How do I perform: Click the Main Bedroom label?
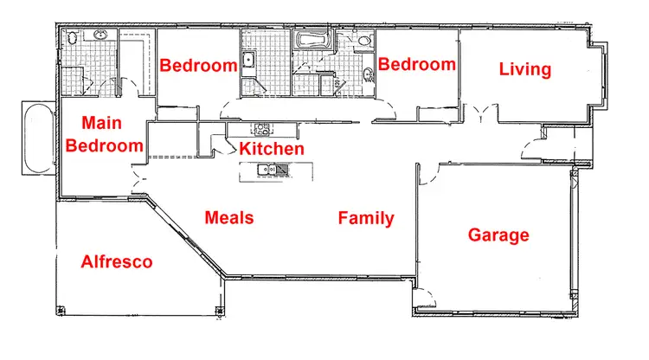click(104, 134)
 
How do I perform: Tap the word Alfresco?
click(117, 261)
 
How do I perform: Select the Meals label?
click(229, 217)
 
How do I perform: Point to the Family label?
click(366, 218)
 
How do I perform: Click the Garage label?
click(498, 235)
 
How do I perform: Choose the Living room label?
click(525, 69)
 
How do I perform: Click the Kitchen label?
click(272, 149)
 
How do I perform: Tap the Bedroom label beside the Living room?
click(417, 64)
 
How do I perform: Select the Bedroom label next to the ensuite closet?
click(198, 65)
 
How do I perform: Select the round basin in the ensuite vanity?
click(101, 35)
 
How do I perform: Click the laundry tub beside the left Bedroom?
click(247, 60)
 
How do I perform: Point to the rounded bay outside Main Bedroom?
click(36, 138)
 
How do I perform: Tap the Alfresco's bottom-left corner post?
click(58, 309)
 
